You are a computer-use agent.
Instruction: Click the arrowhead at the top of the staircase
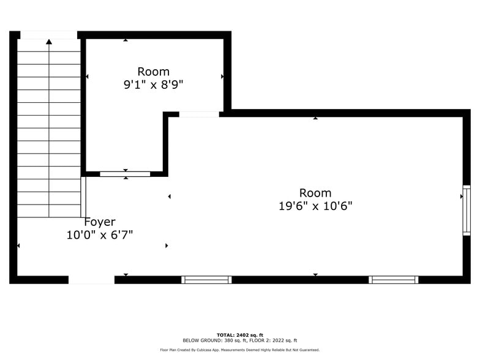(49, 42)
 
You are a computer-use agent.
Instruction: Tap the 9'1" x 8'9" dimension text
(153, 85)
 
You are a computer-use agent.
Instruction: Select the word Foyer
(99, 222)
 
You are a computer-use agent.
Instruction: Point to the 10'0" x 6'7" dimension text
(99, 234)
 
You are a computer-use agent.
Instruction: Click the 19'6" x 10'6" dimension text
(315, 206)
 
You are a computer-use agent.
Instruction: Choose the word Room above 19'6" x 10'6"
(315, 193)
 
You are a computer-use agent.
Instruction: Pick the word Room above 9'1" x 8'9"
(153, 72)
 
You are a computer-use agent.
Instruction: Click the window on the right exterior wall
(466, 211)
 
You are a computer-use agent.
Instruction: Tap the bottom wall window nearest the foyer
(206, 280)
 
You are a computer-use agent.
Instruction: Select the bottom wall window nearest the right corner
(394, 280)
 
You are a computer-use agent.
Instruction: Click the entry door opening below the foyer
(91, 280)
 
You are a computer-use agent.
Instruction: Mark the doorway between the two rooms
(199, 114)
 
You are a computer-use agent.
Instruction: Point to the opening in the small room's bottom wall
(125, 174)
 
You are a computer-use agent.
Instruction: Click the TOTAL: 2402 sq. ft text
(239, 335)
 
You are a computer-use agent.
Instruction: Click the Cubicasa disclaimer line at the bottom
(239, 350)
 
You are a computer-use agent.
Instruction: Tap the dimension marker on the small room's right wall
(222, 77)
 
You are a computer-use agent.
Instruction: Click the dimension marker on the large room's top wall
(315, 118)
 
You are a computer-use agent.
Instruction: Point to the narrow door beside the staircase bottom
(83, 197)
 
